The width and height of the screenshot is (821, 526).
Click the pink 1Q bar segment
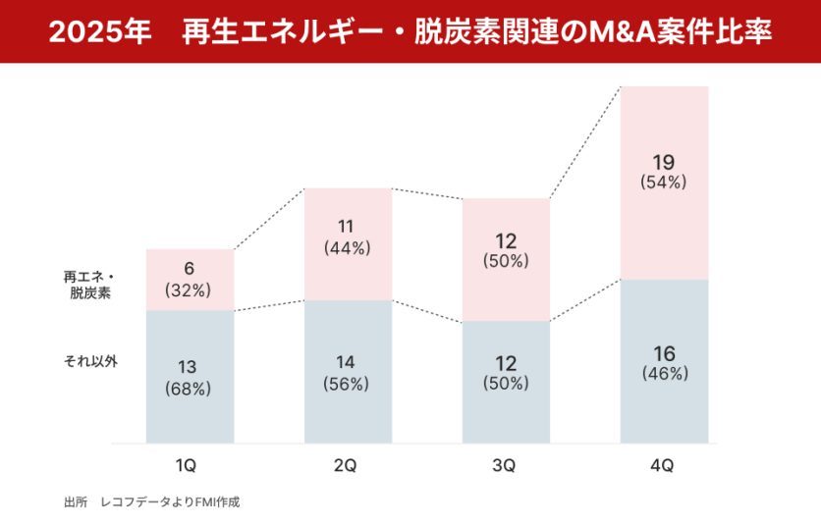[x=191, y=280]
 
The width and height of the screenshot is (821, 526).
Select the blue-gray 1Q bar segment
[x=191, y=377]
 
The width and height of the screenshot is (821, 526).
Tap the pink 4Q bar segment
[x=664, y=183]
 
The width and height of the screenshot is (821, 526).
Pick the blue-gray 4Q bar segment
[x=664, y=361]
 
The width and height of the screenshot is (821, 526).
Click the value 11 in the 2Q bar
[x=348, y=227]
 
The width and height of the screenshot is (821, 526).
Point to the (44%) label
[x=348, y=248]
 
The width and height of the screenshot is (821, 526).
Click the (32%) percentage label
[x=189, y=289]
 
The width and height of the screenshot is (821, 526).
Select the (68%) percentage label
[x=189, y=389]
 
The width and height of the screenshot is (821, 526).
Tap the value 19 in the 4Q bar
[x=664, y=161]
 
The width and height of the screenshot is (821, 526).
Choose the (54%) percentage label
[x=664, y=183]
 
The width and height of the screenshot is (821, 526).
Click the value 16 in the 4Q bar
[x=664, y=353]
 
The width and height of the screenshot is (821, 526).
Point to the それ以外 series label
[x=89, y=361]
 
